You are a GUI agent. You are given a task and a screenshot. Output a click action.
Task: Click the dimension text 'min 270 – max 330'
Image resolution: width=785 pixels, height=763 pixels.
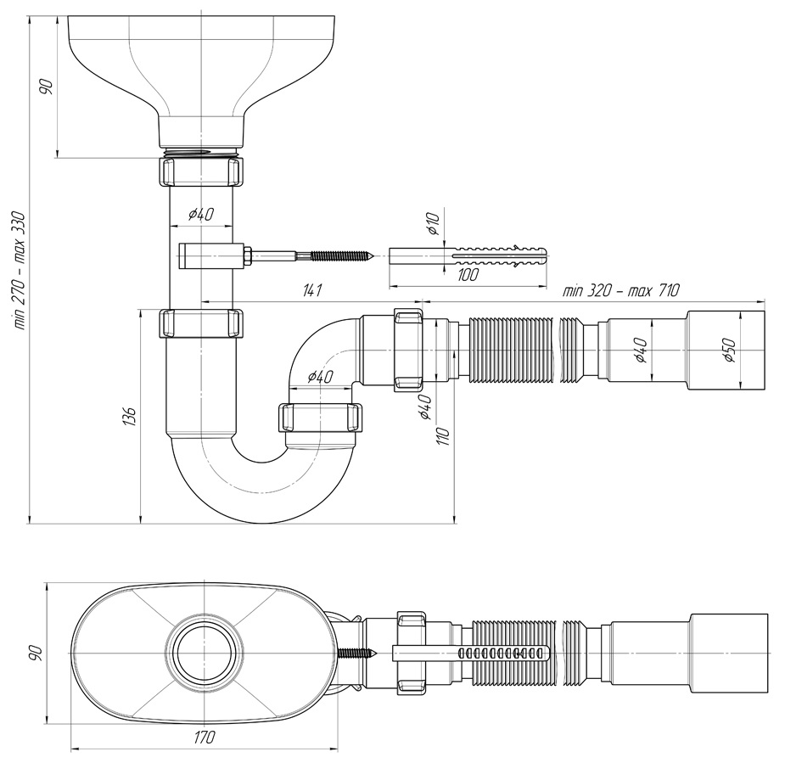(19, 271)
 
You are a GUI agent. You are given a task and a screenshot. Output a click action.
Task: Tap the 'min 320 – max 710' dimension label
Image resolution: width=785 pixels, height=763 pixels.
(621, 290)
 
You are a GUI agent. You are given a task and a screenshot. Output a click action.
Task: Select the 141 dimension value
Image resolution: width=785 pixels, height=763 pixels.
(311, 290)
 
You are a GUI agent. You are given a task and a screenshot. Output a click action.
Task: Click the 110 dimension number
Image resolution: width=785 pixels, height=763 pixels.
(445, 435)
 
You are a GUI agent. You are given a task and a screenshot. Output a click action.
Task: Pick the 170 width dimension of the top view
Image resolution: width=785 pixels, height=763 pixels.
(205, 737)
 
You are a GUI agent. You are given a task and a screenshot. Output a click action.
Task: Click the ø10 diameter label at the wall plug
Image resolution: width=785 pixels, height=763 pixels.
(433, 224)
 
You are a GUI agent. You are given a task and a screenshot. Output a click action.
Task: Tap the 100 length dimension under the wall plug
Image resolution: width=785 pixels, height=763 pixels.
(468, 274)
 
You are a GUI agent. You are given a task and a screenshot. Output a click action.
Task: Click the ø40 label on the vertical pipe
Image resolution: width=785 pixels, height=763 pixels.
(201, 214)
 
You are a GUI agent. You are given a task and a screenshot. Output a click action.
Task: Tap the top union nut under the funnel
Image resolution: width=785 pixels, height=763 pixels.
(201, 171)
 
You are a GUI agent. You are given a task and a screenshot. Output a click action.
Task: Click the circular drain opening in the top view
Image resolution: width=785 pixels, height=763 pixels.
(204, 654)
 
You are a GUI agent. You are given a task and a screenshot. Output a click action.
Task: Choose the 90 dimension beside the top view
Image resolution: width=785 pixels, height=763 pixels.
(36, 654)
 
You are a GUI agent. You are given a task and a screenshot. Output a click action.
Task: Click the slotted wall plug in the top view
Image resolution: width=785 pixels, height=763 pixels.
(471, 654)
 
